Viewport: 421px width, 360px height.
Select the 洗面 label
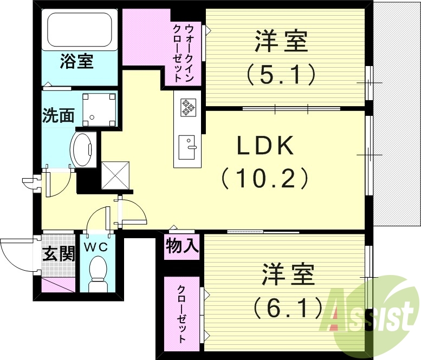[59, 115]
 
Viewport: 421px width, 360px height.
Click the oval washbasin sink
[83, 149]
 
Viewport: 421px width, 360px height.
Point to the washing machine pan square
[99, 109]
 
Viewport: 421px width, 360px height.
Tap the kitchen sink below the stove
[188, 146]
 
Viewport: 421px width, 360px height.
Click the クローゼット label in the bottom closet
[183, 313]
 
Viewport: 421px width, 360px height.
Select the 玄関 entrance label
[59, 253]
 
